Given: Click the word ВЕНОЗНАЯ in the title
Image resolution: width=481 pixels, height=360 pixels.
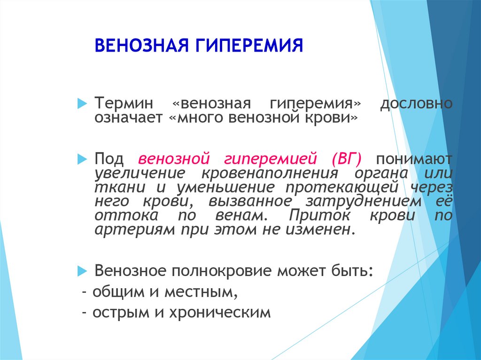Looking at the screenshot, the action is (141, 46).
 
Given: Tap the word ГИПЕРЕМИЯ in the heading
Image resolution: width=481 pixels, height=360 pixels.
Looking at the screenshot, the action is (249, 46).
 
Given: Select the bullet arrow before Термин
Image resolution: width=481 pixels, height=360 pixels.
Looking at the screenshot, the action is (82, 103).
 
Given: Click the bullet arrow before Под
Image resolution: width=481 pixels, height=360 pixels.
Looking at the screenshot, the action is (82, 159).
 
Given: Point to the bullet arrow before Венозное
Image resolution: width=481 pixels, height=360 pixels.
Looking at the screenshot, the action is (82, 271).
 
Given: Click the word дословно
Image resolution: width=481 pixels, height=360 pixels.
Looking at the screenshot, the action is (416, 103).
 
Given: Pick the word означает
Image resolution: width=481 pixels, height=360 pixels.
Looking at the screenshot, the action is (128, 117).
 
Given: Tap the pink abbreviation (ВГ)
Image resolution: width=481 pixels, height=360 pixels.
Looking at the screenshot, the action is (347, 159).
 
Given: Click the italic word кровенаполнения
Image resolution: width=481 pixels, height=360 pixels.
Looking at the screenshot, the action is (270, 174).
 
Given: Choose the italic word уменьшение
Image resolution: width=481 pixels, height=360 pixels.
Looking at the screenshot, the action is (225, 188).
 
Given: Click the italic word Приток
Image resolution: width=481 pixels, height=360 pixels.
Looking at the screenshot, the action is (319, 215).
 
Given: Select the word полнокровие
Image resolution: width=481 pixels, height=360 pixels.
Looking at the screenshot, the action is (222, 271).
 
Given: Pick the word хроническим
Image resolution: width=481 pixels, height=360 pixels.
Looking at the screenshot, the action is (220, 313).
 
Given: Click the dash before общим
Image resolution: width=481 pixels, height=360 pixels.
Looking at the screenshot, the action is (85, 292).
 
